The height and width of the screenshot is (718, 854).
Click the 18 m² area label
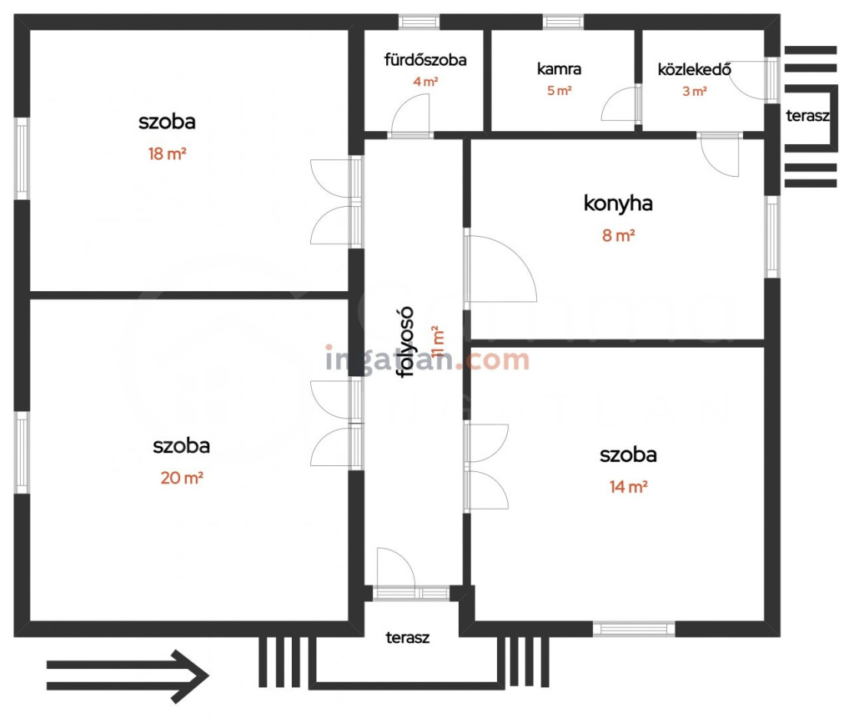click(x=167, y=154)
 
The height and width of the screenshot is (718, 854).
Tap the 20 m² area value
click(x=182, y=478)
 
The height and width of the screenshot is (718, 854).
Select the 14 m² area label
click(x=629, y=486)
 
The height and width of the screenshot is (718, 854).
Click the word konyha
click(x=618, y=203)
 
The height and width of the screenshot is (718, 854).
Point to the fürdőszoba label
click(x=425, y=59)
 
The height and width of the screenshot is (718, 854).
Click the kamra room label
click(x=559, y=68)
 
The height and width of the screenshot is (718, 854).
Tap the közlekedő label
click(x=695, y=69)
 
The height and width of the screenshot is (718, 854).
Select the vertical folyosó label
click(x=406, y=343)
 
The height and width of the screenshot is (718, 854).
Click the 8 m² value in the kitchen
click(x=618, y=235)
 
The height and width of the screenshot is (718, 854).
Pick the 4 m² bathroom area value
click(x=425, y=82)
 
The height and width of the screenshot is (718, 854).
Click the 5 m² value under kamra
click(x=560, y=90)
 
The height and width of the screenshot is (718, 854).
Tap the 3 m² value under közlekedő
click(x=695, y=91)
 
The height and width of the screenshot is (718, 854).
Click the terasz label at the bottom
click(x=407, y=637)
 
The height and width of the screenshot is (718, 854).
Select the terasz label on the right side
click(x=807, y=115)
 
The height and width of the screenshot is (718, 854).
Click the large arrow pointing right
click(x=128, y=676)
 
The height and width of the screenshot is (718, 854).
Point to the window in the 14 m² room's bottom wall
click(x=634, y=630)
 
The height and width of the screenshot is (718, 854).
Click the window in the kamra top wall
click(x=563, y=22)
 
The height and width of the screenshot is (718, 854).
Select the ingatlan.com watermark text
click(x=428, y=360)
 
